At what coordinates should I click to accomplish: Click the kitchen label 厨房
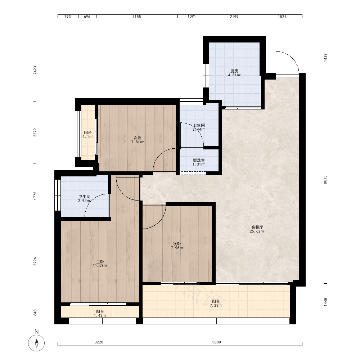234,71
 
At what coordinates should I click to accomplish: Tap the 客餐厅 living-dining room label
257,227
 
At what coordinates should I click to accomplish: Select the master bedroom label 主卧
100,261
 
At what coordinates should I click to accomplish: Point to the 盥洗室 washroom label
199,160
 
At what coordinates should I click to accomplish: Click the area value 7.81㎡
138,142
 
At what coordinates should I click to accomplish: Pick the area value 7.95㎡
177,248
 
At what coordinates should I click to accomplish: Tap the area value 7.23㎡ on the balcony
216,306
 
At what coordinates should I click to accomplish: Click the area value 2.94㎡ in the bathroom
84,201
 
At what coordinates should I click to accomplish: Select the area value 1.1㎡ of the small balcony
88,136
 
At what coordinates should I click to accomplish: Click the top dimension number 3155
136,17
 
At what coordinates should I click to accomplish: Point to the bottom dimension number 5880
216,342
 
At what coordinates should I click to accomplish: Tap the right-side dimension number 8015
325,180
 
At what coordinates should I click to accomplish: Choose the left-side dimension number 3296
35,261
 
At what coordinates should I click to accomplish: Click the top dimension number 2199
234,17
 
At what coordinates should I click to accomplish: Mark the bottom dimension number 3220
99,342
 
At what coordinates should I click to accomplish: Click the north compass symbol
36,343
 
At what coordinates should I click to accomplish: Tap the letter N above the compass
36,332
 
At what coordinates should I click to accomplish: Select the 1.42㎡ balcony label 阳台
100,311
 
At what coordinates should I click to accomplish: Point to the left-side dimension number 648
35,312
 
